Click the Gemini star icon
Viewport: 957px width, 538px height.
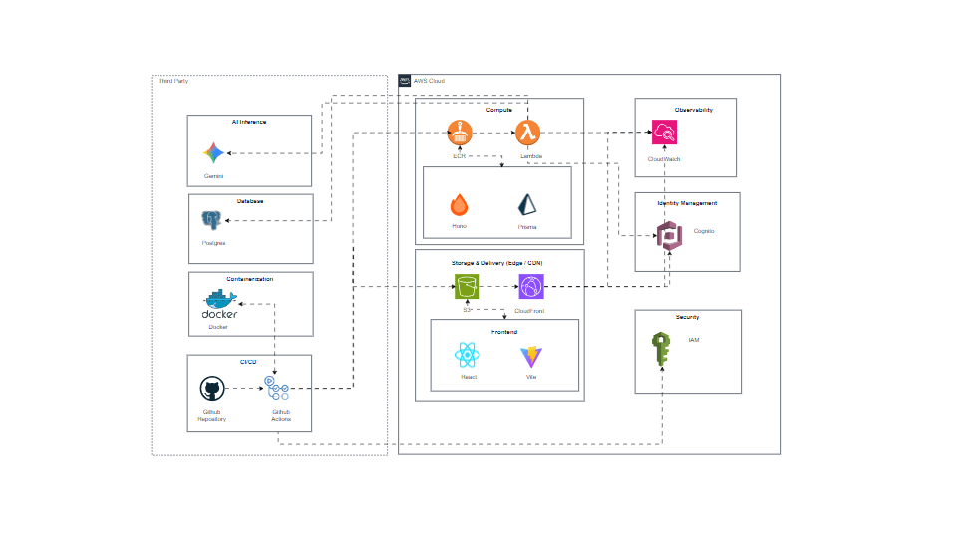212,152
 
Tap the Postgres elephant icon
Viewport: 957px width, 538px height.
211,220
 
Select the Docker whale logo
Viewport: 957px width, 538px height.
219,303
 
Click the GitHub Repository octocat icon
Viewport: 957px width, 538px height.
211,390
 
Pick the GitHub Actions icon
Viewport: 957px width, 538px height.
277,389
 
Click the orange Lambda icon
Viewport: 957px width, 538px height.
528,132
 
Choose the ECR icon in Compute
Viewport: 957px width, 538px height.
460,132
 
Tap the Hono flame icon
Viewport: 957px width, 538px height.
459,205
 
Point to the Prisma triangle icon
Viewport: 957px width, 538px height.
527,205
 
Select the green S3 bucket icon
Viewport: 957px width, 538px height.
467,287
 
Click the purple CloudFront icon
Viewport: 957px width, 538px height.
530,287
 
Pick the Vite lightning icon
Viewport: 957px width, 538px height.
530,356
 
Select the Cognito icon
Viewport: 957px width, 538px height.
668,236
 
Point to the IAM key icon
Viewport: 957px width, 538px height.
661,350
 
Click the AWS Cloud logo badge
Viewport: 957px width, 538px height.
405,80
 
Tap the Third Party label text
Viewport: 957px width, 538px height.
174,80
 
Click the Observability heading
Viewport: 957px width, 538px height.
685,110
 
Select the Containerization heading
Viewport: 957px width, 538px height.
249,279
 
